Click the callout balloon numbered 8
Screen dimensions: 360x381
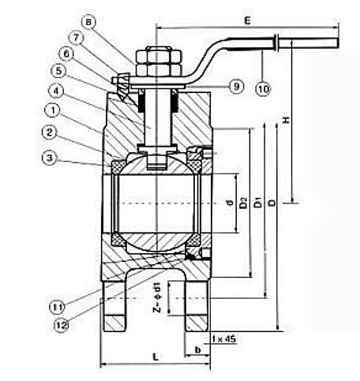click(88, 22)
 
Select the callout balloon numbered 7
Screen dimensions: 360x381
click(76, 38)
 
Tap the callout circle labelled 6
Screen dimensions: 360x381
click(66, 54)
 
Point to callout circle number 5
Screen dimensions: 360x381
click(58, 71)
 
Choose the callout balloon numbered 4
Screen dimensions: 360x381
click(56, 91)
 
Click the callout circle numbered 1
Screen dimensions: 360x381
click(53, 110)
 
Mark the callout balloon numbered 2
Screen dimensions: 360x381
click(50, 133)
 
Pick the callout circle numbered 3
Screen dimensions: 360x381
click(49, 158)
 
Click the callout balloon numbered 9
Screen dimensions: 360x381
click(236, 87)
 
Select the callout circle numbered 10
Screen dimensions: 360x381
click(263, 88)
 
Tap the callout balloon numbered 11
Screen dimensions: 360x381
click(57, 307)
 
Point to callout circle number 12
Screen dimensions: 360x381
click(62, 326)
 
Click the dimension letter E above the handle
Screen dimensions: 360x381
click(247, 21)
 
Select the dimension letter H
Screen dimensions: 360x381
click(286, 120)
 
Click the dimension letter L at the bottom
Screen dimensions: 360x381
click(156, 357)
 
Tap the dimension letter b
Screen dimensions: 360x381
click(197, 349)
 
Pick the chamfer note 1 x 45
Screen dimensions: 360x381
click(223, 339)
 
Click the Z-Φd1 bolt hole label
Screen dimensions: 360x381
click(157, 297)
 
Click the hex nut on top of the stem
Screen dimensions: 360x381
click(159, 61)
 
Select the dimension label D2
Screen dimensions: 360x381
click(244, 203)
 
